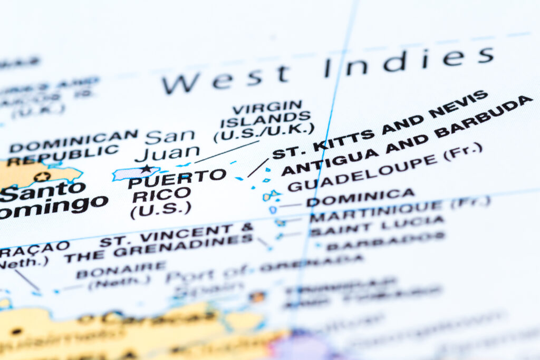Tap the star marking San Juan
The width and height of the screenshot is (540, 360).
[146, 169]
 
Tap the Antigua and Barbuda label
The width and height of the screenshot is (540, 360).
[406, 135]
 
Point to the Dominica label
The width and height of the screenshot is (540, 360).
[361, 197]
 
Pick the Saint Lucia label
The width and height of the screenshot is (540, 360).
[377, 226]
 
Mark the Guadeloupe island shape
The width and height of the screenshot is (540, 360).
[271, 196]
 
